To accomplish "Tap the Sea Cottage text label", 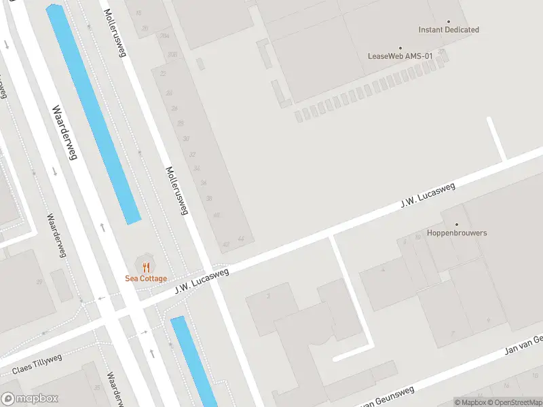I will tap(146, 279).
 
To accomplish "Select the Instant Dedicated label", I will tap(449, 30).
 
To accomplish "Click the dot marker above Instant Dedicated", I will tap(449, 21).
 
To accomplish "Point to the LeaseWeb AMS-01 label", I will tap(400, 56).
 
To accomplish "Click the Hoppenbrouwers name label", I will tap(457, 233).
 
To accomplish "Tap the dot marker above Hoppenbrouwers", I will tap(457, 224).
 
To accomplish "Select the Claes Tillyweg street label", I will tap(37, 364).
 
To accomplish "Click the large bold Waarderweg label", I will tap(63, 132).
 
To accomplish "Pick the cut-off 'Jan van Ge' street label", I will tap(523, 346).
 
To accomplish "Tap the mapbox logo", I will tap(30, 399).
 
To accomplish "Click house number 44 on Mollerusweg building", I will tap(241, 239).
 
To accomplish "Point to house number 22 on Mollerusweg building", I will tap(163, 73).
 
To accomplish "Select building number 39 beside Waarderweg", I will tap(39, 282).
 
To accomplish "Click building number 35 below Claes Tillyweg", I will tap(97, 388).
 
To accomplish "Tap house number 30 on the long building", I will tap(186, 139).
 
